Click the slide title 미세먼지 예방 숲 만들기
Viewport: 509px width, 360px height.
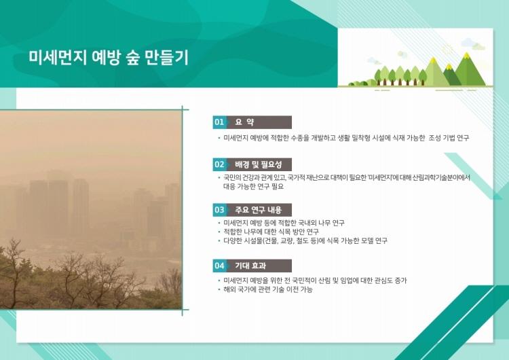[x=109, y=58]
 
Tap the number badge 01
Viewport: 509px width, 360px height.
[x=219, y=122]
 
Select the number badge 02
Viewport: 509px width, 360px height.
[x=219, y=164]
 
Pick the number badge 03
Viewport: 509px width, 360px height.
[x=219, y=210]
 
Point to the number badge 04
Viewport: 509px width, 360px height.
[x=219, y=266]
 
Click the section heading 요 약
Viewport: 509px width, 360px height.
[x=245, y=122]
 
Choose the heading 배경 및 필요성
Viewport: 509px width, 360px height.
[x=259, y=164]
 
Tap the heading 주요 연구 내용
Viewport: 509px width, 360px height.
[x=259, y=210]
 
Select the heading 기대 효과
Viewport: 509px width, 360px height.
[x=250, y=266]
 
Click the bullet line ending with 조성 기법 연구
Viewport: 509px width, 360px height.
[x=346, y=138]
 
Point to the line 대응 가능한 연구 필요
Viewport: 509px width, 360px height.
[x=253, y=187]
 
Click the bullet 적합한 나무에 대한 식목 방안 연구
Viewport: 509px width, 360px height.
[x=271, y=232]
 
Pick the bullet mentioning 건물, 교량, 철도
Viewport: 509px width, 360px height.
[x=305, y=240]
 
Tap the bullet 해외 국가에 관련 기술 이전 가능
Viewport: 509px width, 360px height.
[x=268, y=289]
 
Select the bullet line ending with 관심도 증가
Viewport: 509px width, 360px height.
[x=315, y=281]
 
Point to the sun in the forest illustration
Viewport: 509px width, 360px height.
[x=448, y=50]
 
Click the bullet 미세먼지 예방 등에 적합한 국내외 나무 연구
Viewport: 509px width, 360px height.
[x=284, y=223]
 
